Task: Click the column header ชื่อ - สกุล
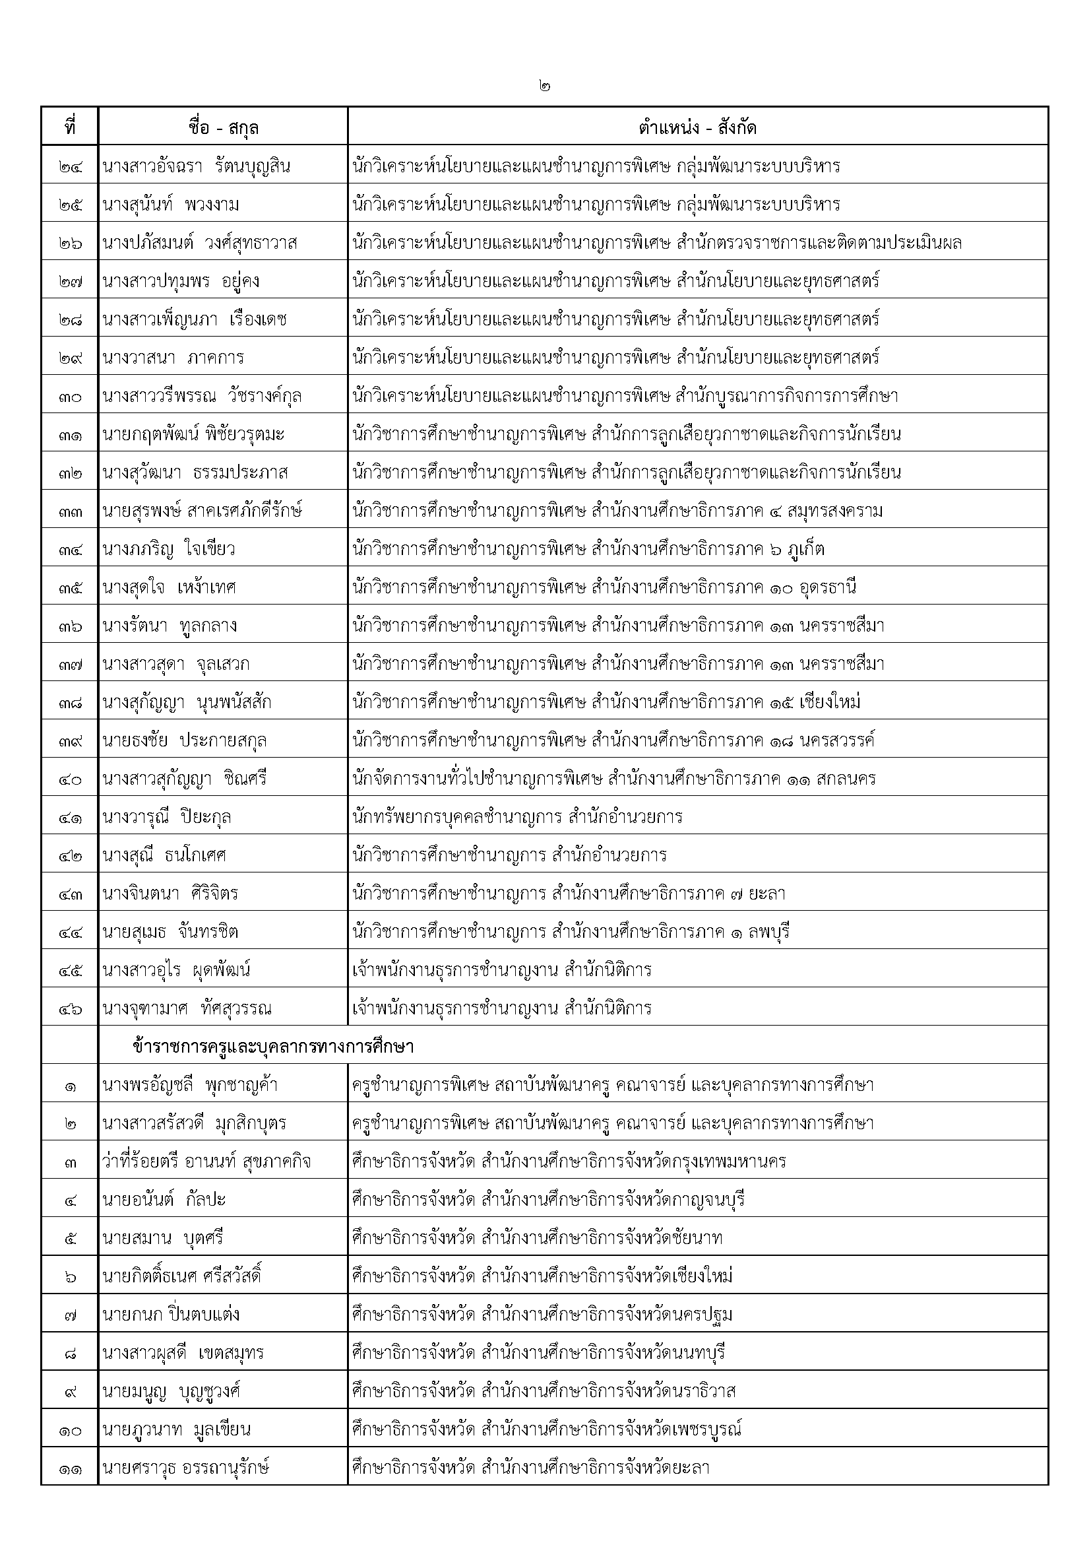(x=223, y=127)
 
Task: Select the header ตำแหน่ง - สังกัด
(x=697, y=127)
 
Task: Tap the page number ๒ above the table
(x=544, y=86)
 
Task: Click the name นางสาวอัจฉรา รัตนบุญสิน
(x=196, y=166)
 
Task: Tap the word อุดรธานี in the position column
(x=828, y=588)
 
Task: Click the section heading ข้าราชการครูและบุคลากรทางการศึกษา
(x=274, y=1046)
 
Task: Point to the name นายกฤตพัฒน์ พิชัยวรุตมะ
(x=193, y=435)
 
